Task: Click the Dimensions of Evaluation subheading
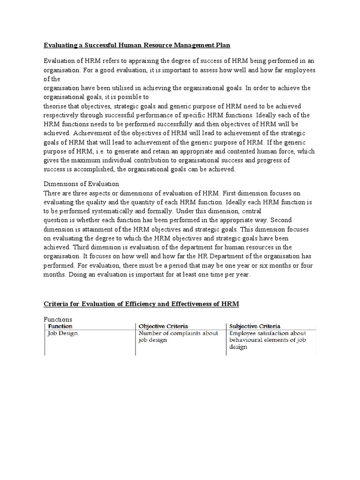(81, 184)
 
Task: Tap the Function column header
(60, 326)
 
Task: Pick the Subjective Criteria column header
(255, 326)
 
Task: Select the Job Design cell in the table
(63, 333)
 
